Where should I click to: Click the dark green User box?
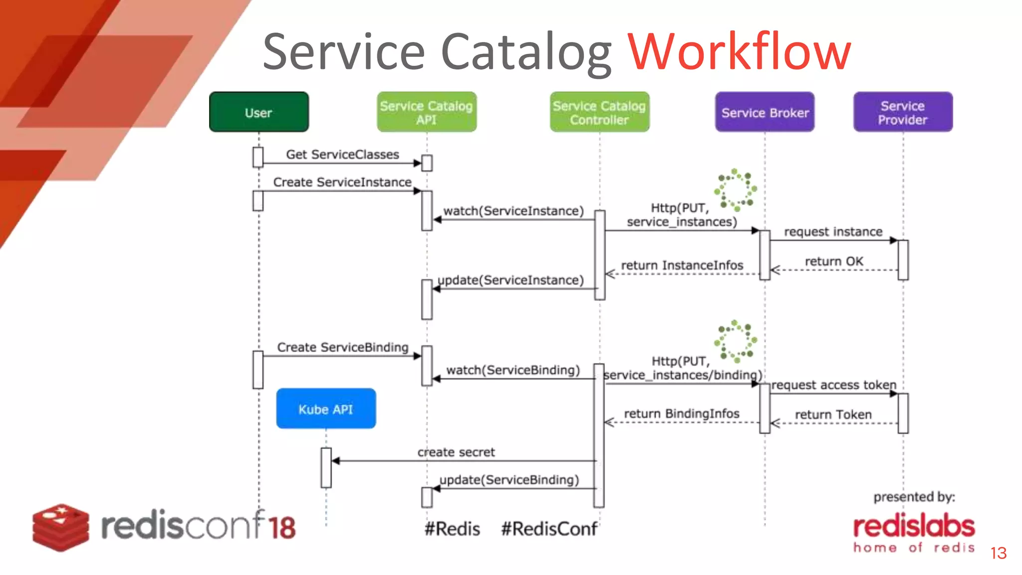tap(258, 112)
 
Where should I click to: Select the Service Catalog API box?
tap(426, 112)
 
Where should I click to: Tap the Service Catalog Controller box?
tap(599, 112)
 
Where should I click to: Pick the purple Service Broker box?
tap(765, 112)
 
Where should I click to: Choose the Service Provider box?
tap(902, 112)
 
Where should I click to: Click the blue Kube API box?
tap(326, 409)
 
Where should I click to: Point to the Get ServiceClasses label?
tap(342, 154)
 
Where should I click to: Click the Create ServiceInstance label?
tap(342, 182)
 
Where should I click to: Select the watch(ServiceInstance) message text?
tap(513, 211)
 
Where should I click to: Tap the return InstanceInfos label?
tap(682, 265)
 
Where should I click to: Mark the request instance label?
tap(833, 232)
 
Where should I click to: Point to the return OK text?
tap(834, 261)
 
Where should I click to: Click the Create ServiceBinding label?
tap(343, 347)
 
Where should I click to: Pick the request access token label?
tap(833, 385)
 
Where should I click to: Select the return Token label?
tap(833, 414)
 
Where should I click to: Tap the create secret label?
tap(456, 452)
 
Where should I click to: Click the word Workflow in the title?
tap(739, 51)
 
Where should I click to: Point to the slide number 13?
tap(999, 553)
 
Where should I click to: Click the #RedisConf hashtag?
tap(549, 529)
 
